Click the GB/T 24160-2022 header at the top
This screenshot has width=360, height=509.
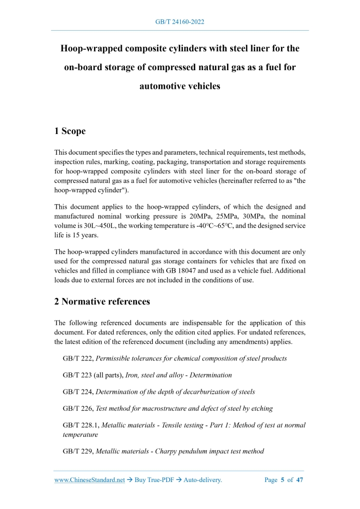click(x=180, y=22)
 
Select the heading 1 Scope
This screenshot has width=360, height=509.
click(x=70, y=131)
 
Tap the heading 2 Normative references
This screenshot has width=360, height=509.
click(x=102, y=301)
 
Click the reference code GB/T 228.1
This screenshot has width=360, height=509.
click(x=80, y=425)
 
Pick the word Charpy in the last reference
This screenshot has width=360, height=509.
click(x=161, y=451)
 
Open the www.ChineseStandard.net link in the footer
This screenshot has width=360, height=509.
click(x=89, y=480)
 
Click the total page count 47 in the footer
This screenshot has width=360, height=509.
click(x=300, y=480)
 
